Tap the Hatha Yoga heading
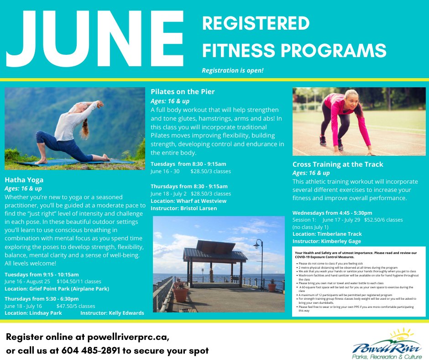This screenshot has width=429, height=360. click(24, 180)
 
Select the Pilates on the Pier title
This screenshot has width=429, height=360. click(183, 92)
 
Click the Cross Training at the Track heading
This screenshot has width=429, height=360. click(338, 164)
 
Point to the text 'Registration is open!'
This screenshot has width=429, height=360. click(233, 71)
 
